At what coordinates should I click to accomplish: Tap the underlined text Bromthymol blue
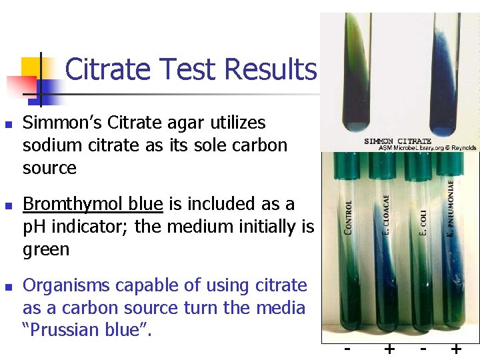point(93,204)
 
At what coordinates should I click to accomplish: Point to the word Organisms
point(67,285)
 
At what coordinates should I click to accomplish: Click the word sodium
point(53,145)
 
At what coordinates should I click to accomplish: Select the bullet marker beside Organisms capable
point(8,287)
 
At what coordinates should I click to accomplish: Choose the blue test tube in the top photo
point(447,73)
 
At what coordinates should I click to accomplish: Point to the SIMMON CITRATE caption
point(398,141)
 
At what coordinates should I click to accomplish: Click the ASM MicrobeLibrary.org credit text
point(427,147)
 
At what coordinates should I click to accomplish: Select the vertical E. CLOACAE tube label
point(385,213)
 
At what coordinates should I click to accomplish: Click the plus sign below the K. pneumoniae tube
point(456,349)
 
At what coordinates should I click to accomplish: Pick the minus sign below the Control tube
point(346,348)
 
